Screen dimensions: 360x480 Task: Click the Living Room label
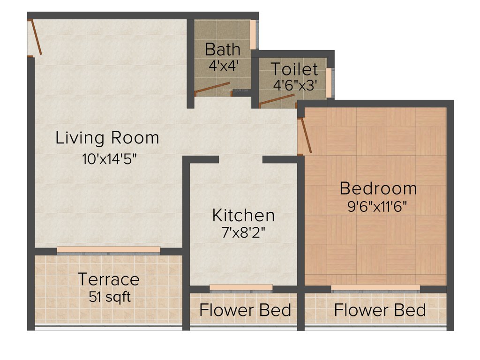(x=107, y=138)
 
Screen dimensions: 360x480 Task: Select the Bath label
(x=223, y=49)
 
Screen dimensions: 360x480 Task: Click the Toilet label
(x=295, y=69)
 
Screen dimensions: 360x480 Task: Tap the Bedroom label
(x=378, y=188)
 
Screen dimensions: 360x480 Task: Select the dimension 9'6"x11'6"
(x=377, y=207)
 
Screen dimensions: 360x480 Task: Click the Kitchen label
(x=243, y=216)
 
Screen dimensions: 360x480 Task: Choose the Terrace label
(x=108, y=279)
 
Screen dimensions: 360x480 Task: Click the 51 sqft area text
(x=108, y=297)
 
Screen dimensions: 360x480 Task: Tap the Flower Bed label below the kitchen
(x=245, y=310)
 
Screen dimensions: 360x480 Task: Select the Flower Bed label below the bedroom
(x=380, y=310)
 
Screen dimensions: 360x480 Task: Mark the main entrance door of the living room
(x=36, y=37)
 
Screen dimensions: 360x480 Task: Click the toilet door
(x=277, y=100)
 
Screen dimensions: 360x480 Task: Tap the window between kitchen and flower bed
(x=241, y=287)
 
